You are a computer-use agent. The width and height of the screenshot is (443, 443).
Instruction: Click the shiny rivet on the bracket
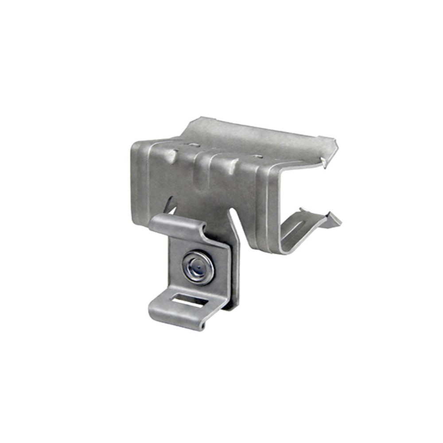(198, 268)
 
